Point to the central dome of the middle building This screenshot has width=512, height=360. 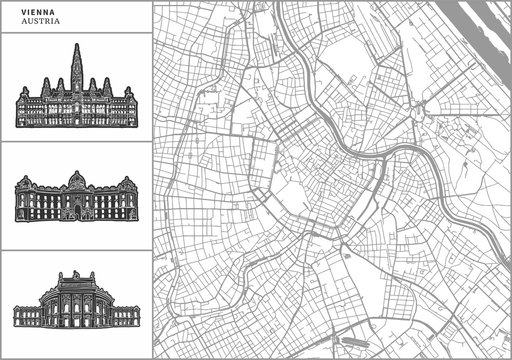coord(76,181)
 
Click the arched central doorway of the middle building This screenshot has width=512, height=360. coord(76,211)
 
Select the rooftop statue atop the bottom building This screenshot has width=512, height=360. coord(75,273)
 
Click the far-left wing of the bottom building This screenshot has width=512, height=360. coord(26,314)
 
